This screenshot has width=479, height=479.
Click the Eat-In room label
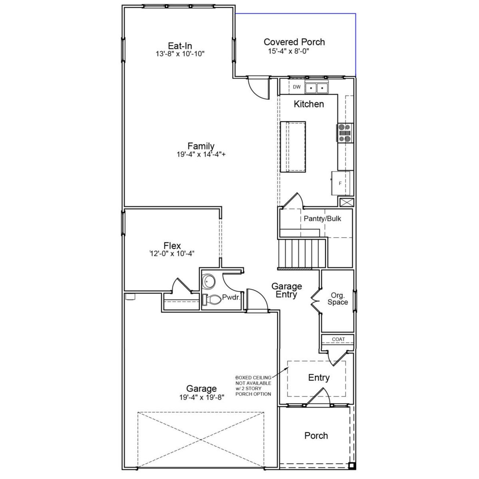(180, 46)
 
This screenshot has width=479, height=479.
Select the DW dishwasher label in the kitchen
(297, 87)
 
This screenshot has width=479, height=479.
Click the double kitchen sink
(316, 88)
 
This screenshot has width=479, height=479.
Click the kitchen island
(293, 147)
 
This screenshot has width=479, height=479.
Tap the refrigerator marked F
(341, 183)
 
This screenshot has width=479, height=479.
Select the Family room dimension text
(201, 154)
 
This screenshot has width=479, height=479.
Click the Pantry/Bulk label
(322, 219)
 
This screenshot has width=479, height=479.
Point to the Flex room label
(172, 246)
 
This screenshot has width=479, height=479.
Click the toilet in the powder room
(211, 299)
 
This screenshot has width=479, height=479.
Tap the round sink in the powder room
(208, 280)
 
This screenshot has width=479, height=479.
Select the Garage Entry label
(287, 290)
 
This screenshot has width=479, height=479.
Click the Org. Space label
(338, 299)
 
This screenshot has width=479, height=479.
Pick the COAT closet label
(338, 339)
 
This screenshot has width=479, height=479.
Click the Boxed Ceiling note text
(253, 386)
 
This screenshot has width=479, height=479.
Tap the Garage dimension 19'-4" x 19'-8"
(201, 398)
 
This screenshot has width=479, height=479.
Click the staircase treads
(303, 254)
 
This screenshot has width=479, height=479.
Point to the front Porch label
(316, 436)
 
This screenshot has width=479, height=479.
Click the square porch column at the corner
(351, 466)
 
